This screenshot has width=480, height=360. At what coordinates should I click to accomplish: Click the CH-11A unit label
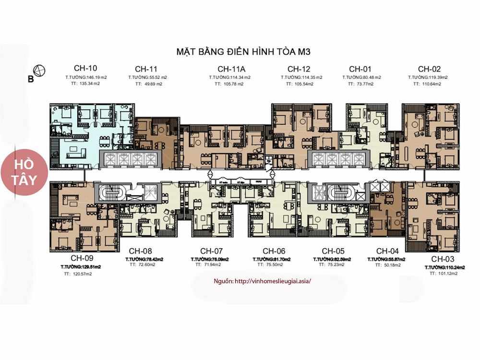click(x=229, y=68)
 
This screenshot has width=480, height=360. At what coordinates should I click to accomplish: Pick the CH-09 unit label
click(x=76, y=257)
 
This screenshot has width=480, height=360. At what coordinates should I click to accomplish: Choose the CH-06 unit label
click(x=274, y=251)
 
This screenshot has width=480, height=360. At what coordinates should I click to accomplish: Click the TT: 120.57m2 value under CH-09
click(x=77, y=274)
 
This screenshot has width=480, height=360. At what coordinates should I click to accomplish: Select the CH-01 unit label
click(x=360, y=68)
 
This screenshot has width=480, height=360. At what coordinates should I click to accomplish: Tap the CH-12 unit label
click(x=299, y=68)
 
